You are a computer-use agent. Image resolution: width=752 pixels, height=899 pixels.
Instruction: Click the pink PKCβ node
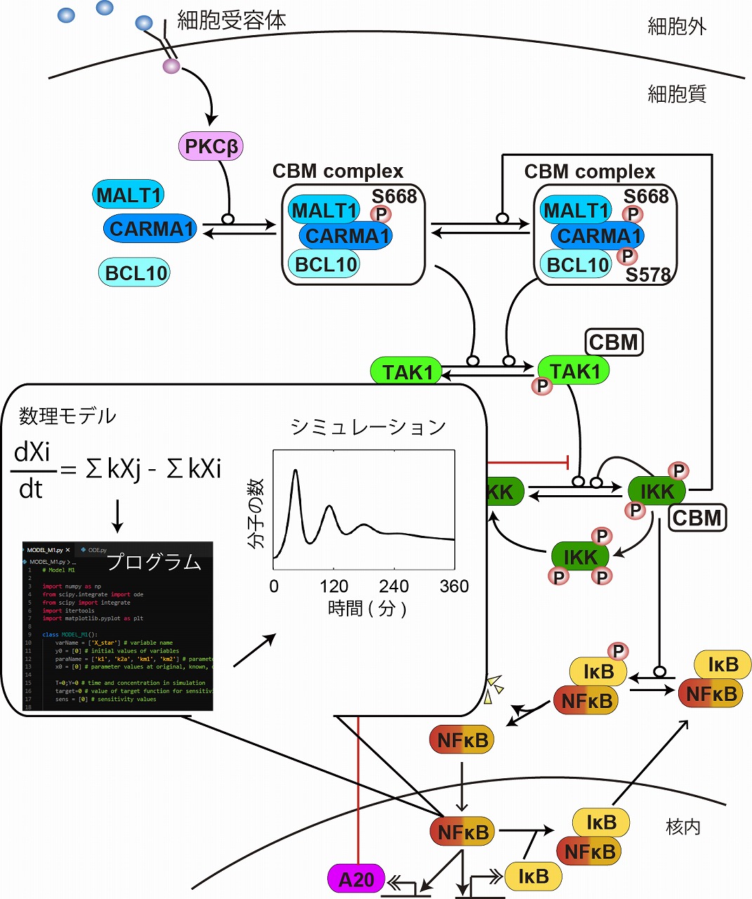click(x=211, y=146)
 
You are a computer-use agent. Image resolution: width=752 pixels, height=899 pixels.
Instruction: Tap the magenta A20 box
click(x=356, y=879)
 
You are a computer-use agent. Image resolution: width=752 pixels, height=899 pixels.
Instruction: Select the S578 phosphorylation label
click(x=648, y=275)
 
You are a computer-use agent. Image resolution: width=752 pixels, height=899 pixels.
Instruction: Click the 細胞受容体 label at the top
click(x=232, y=20)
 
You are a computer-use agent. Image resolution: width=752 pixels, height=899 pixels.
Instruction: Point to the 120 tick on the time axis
click(x=334, y=586)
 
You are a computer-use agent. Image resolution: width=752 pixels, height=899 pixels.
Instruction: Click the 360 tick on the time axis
click(x=454, y=586)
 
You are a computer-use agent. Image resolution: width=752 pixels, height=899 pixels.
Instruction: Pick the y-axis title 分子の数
click(x=256, y=513)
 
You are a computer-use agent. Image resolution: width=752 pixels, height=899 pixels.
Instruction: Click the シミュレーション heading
click(x=368, y=427)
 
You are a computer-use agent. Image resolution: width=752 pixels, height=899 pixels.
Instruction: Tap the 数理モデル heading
click(x=67, y=416)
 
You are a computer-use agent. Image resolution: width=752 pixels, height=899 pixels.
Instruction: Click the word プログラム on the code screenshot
click(x=154, y=563)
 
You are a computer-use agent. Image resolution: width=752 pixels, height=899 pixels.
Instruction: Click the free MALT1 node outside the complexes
click(x=128, y=195)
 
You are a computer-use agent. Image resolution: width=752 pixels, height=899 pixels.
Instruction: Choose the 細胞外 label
click(x=676, y=27)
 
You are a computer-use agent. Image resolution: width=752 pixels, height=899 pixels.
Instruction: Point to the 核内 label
click(x=682, y=827)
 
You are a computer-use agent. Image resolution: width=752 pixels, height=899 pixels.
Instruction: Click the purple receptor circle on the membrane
click(x=171, y=67)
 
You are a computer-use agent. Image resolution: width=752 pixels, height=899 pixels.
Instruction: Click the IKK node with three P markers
click(x=579, y=558)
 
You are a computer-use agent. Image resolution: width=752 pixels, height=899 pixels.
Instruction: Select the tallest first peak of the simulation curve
click(x=296, y=471)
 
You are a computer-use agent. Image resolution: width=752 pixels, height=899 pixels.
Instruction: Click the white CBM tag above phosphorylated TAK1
click(x=614, y=342)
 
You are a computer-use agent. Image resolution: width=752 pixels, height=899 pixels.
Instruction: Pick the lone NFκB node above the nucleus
click(x=461, y=740)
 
